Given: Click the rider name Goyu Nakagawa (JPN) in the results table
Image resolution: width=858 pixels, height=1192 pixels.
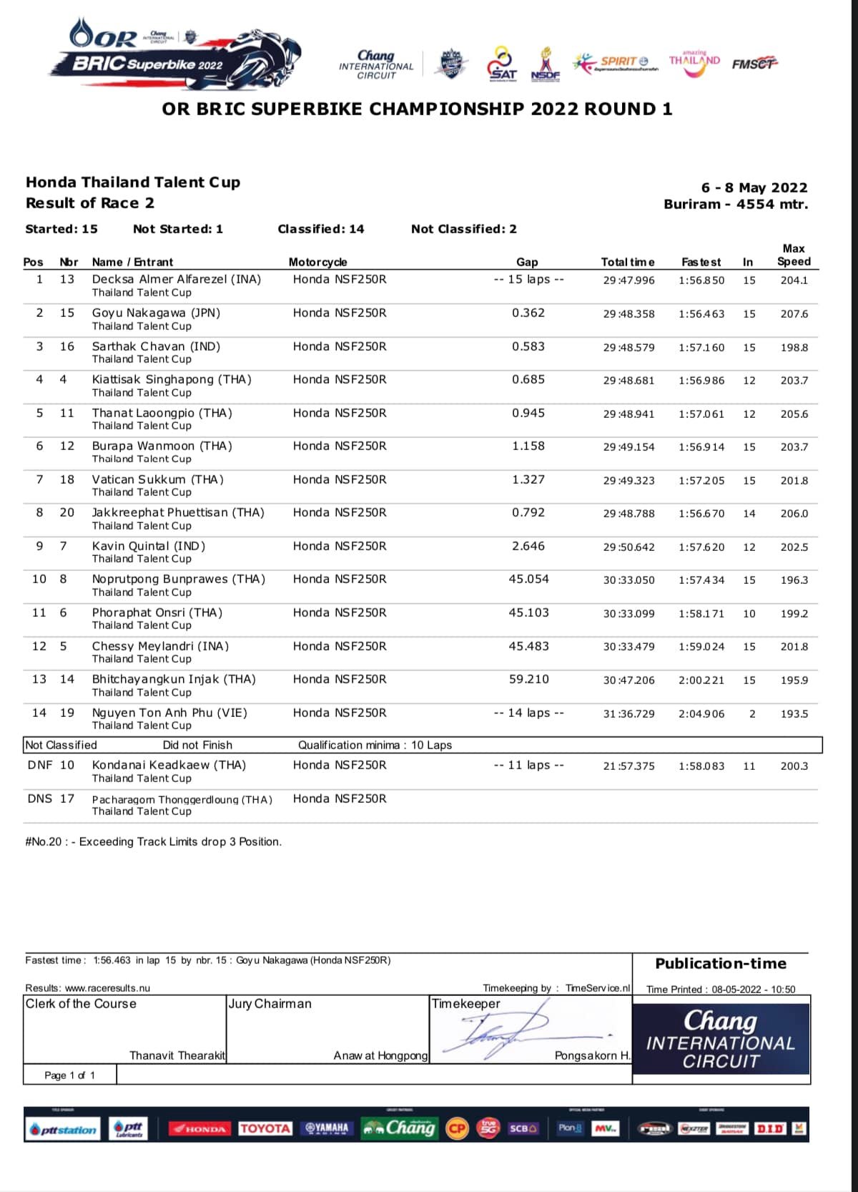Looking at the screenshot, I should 156,313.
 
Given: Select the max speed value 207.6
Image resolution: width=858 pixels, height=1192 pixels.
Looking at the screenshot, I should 794,314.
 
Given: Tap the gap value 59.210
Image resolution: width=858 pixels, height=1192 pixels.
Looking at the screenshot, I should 528,679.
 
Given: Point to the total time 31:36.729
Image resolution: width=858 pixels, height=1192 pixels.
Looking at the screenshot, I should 628,714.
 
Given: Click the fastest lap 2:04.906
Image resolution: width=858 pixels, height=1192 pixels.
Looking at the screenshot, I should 701,714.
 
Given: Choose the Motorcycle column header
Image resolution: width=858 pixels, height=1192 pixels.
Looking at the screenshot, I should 317,262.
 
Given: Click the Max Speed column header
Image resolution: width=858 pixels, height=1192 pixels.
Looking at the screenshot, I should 794,255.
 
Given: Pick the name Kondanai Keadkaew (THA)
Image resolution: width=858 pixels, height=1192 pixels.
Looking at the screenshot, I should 169,765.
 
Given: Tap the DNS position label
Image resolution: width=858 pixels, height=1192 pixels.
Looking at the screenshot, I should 39,798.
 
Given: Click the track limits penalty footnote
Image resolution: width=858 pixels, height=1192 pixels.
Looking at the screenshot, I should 153,841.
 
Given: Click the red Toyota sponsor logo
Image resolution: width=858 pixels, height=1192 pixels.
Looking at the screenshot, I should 265,1128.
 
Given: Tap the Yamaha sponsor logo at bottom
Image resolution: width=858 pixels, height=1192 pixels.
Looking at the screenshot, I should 327,1128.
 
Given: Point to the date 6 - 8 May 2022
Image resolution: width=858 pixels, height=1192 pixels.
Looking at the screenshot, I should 754,187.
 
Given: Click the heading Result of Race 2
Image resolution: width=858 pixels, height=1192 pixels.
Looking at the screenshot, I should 90,203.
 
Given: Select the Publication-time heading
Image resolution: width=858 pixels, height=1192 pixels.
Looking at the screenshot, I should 720,964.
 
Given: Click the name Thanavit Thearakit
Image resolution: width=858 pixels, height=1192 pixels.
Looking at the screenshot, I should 177,1055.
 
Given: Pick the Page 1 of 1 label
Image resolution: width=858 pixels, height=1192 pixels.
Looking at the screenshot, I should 69,1075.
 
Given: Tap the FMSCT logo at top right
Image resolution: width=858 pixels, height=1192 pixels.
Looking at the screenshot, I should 754,64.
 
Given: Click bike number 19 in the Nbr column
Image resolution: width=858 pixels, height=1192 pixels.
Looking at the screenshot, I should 67,713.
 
